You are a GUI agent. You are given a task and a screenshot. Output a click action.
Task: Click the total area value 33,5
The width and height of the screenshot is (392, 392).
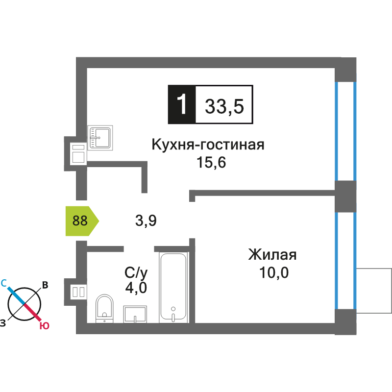click(224, 105)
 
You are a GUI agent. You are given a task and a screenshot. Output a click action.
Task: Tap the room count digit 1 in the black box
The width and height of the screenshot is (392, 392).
click(182, 104)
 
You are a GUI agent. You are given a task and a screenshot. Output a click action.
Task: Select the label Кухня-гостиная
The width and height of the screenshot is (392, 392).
click(208, 145)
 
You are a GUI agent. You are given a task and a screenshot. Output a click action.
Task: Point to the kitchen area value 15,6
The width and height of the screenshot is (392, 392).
click(211, 163)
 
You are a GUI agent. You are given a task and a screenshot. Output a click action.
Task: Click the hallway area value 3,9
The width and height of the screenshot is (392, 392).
click(146, 221)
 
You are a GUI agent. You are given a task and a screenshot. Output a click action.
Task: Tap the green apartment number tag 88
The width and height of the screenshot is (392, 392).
click(80, 220)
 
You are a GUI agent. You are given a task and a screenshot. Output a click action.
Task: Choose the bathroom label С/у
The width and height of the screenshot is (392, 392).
click(136, 272)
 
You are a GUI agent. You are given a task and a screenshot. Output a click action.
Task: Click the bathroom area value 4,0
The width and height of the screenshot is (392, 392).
click(136, 288)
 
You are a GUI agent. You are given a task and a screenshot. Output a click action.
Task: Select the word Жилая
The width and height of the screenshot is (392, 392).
click(272, 255)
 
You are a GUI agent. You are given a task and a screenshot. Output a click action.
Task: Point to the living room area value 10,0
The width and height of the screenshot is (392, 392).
click(274, 272)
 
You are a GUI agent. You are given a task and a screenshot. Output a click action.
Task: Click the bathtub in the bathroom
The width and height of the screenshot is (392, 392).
click(173, 287)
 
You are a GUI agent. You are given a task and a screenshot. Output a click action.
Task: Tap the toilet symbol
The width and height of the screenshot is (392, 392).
click(104, 308)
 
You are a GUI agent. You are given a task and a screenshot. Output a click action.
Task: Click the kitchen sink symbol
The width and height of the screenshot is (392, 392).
click(100, 138)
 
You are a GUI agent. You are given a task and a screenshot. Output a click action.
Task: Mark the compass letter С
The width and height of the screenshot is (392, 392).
click(4, 283)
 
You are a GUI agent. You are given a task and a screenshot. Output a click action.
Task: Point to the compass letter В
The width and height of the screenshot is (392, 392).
click(45, 285)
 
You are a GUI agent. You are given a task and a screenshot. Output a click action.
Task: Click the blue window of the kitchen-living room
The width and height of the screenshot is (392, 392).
click(345, 131)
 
